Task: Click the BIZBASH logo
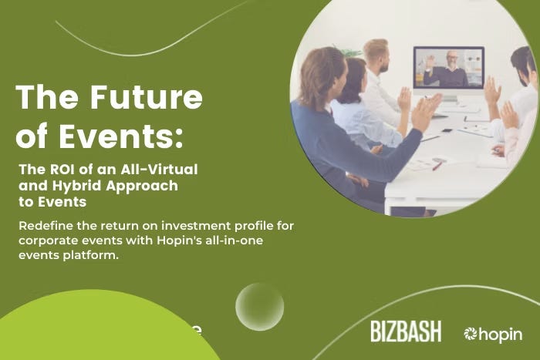[406, 332]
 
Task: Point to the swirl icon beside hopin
[471, 334]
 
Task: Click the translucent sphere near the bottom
[259, 307]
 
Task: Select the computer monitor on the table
[449, 70]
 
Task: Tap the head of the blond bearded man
[376, 55]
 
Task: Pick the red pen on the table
[438, 164]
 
